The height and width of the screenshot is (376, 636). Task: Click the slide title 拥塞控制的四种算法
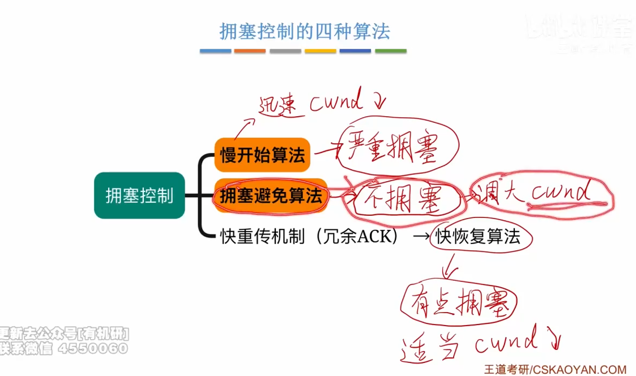[305, 31]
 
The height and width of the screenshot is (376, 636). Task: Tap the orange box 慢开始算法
[262, 155]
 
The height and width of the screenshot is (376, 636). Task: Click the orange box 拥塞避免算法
[271, 196]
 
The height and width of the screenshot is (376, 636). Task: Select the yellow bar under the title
[320, 51]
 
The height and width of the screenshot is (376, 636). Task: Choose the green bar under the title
[390, 51]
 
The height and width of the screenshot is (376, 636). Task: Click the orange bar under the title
[250, 51]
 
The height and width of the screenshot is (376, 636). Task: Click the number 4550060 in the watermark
[93, 348]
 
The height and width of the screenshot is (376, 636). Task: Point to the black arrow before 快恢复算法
[420, 237]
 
